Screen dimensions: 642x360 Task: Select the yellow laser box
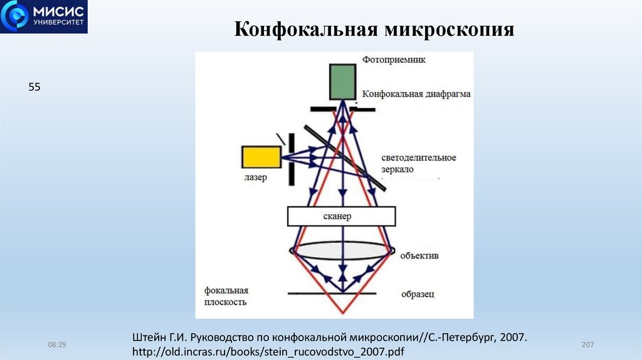[261, 157]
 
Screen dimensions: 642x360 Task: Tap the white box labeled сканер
[341, 216]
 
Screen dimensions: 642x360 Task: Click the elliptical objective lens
[342, 249]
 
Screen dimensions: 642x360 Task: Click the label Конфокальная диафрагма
[417, 94]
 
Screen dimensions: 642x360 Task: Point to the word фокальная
[226, 290]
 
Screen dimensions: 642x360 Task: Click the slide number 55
[34, 88]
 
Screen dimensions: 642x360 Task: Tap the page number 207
[587, 345]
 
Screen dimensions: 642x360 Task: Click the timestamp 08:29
[57, 345]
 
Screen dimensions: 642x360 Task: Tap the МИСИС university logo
[44, 17]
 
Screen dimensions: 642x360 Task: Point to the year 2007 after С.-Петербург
[512, 337]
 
